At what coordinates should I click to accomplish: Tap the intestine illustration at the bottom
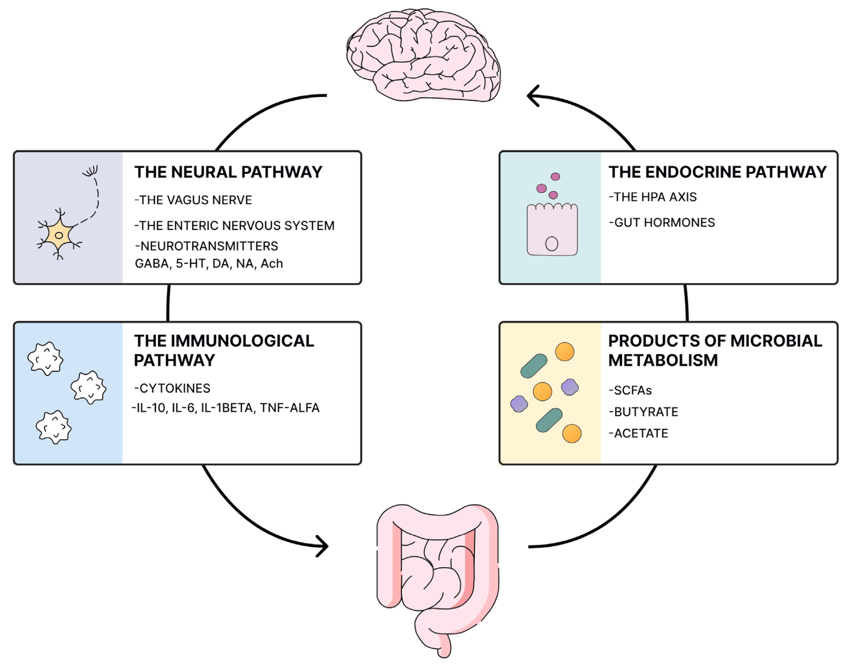[437, 575]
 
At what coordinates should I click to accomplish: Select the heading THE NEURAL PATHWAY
[228, 172]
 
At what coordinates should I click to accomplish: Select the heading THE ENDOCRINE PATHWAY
[717, 172]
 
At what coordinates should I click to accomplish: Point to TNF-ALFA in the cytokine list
[290, 408]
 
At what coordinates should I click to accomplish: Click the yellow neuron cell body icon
[59, 235]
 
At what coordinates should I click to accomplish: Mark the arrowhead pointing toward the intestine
[323, 546]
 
